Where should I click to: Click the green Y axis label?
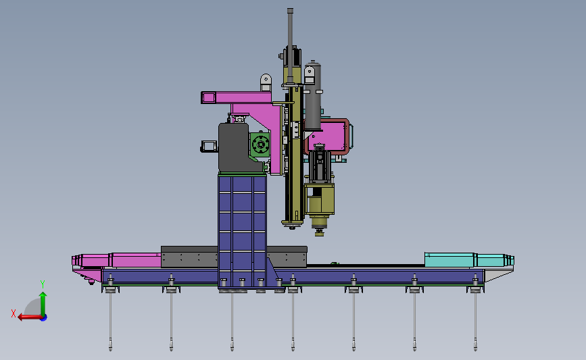[x=43, y=284]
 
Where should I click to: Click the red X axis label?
[x=14, y=313]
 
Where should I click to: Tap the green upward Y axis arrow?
[x=43, y=305]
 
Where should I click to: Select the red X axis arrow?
[x=30, y=317]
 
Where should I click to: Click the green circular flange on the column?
[x=260, y=144]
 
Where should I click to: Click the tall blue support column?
[x=242, y=231]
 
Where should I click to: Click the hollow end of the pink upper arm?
[x=209, y=98]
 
